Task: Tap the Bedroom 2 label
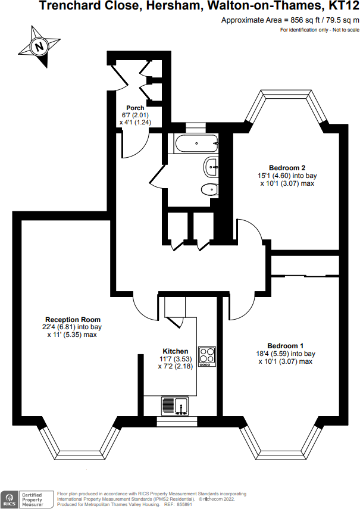click(286, 167)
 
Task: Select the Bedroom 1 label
click(285, 346)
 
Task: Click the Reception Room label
click(73, 319)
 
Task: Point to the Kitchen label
click(176, 351)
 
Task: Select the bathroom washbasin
click(211, 167)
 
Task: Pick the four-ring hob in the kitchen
click(207, 355)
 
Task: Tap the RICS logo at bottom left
click(10, 497)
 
